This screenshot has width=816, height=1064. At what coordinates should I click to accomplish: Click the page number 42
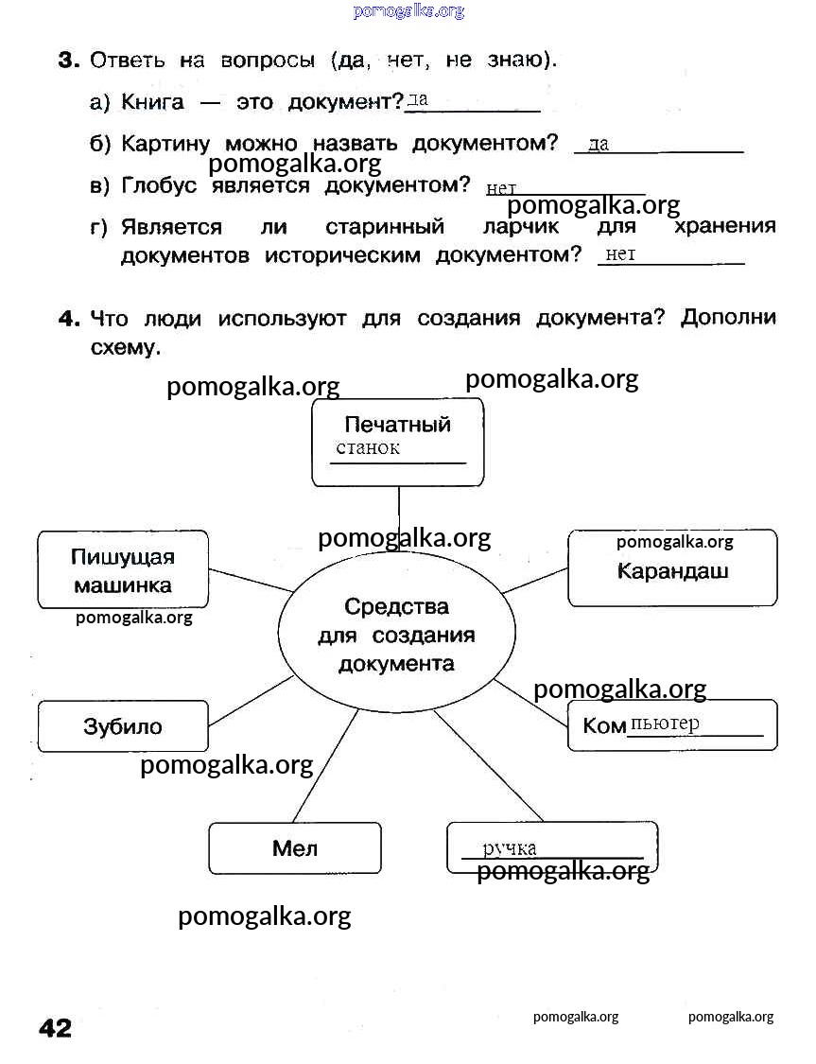(55, 1027)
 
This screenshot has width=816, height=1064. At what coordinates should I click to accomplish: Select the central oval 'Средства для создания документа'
(396, 634)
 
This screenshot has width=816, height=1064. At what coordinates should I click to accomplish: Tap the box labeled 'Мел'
(295, 848)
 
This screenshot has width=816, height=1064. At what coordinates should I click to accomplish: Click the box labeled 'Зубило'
(123, 726)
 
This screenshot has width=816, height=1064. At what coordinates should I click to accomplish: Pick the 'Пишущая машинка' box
(123, 570)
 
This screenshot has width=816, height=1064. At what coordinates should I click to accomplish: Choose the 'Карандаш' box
(672, 570)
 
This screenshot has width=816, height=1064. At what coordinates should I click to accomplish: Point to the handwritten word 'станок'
(368, 448)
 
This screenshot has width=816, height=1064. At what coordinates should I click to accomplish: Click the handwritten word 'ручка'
(510, 847)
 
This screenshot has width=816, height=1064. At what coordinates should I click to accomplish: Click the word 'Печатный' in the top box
(397, 425)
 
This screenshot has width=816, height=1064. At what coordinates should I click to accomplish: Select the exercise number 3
(67, 61)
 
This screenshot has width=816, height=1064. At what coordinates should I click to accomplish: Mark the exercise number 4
(68, 319)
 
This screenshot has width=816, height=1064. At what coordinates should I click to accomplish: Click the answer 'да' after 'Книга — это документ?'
(418, 98)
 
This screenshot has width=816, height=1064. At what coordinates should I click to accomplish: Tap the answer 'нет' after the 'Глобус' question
(500, 189)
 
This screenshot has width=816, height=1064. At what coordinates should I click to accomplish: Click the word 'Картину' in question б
(165, 144)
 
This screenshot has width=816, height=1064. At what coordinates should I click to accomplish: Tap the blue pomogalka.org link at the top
(408, 11)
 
